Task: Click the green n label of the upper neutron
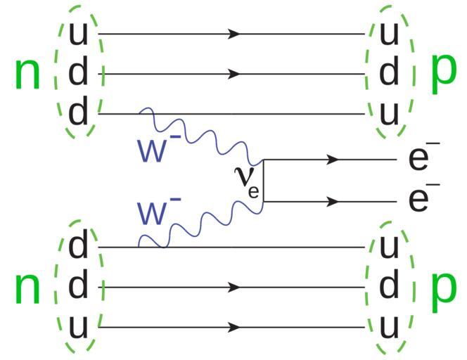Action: [27, 75]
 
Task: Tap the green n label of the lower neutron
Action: [27, 290]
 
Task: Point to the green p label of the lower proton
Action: [442, 290]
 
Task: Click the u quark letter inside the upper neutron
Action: [78, 33]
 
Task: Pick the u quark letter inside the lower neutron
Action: [78, 327]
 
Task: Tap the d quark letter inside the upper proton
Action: [388, 73]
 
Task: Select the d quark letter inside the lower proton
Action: [388, 287]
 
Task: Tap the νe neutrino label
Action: [247, 181]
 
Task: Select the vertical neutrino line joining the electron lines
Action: [263, 181]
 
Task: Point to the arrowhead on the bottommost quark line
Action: [235, 328]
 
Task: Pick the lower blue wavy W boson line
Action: [204, 224]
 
